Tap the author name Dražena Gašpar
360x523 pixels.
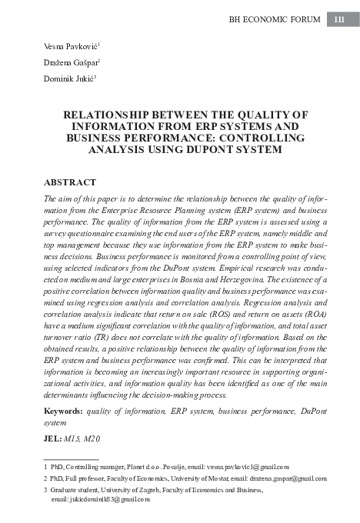68,62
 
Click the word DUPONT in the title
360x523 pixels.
222,149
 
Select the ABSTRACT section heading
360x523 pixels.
71,183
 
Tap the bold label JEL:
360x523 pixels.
53,438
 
